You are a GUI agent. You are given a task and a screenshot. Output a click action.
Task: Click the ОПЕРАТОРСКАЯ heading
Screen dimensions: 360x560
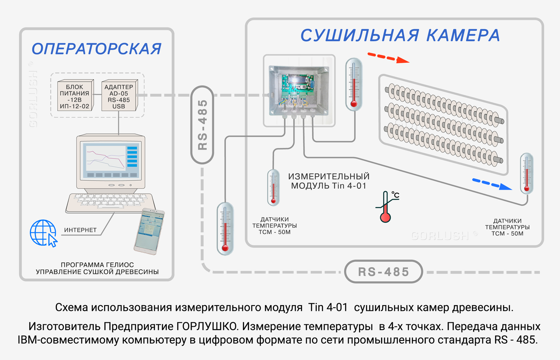point(96,49)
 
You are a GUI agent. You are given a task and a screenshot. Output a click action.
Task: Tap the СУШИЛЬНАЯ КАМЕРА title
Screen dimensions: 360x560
point(400,36)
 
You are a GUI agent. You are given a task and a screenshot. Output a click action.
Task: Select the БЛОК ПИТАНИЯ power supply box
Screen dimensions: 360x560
point(74,96)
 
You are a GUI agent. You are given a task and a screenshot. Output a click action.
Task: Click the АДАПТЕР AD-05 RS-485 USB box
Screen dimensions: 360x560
point(119,96)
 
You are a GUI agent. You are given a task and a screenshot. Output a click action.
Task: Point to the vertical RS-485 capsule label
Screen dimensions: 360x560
point(203,125)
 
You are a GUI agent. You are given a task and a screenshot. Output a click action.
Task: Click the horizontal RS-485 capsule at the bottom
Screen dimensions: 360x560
point(383,272)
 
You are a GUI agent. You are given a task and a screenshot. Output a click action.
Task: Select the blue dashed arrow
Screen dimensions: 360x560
point(492,184)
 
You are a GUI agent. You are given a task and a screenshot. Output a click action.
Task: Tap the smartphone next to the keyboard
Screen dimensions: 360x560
point(149,231)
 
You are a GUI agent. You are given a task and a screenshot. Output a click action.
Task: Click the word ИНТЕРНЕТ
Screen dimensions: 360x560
point(80,230)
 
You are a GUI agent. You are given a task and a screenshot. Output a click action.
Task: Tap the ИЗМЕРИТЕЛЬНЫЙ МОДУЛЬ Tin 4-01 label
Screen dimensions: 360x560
point(329,181)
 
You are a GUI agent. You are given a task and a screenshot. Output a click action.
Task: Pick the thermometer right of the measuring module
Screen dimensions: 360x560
point(354,84)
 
